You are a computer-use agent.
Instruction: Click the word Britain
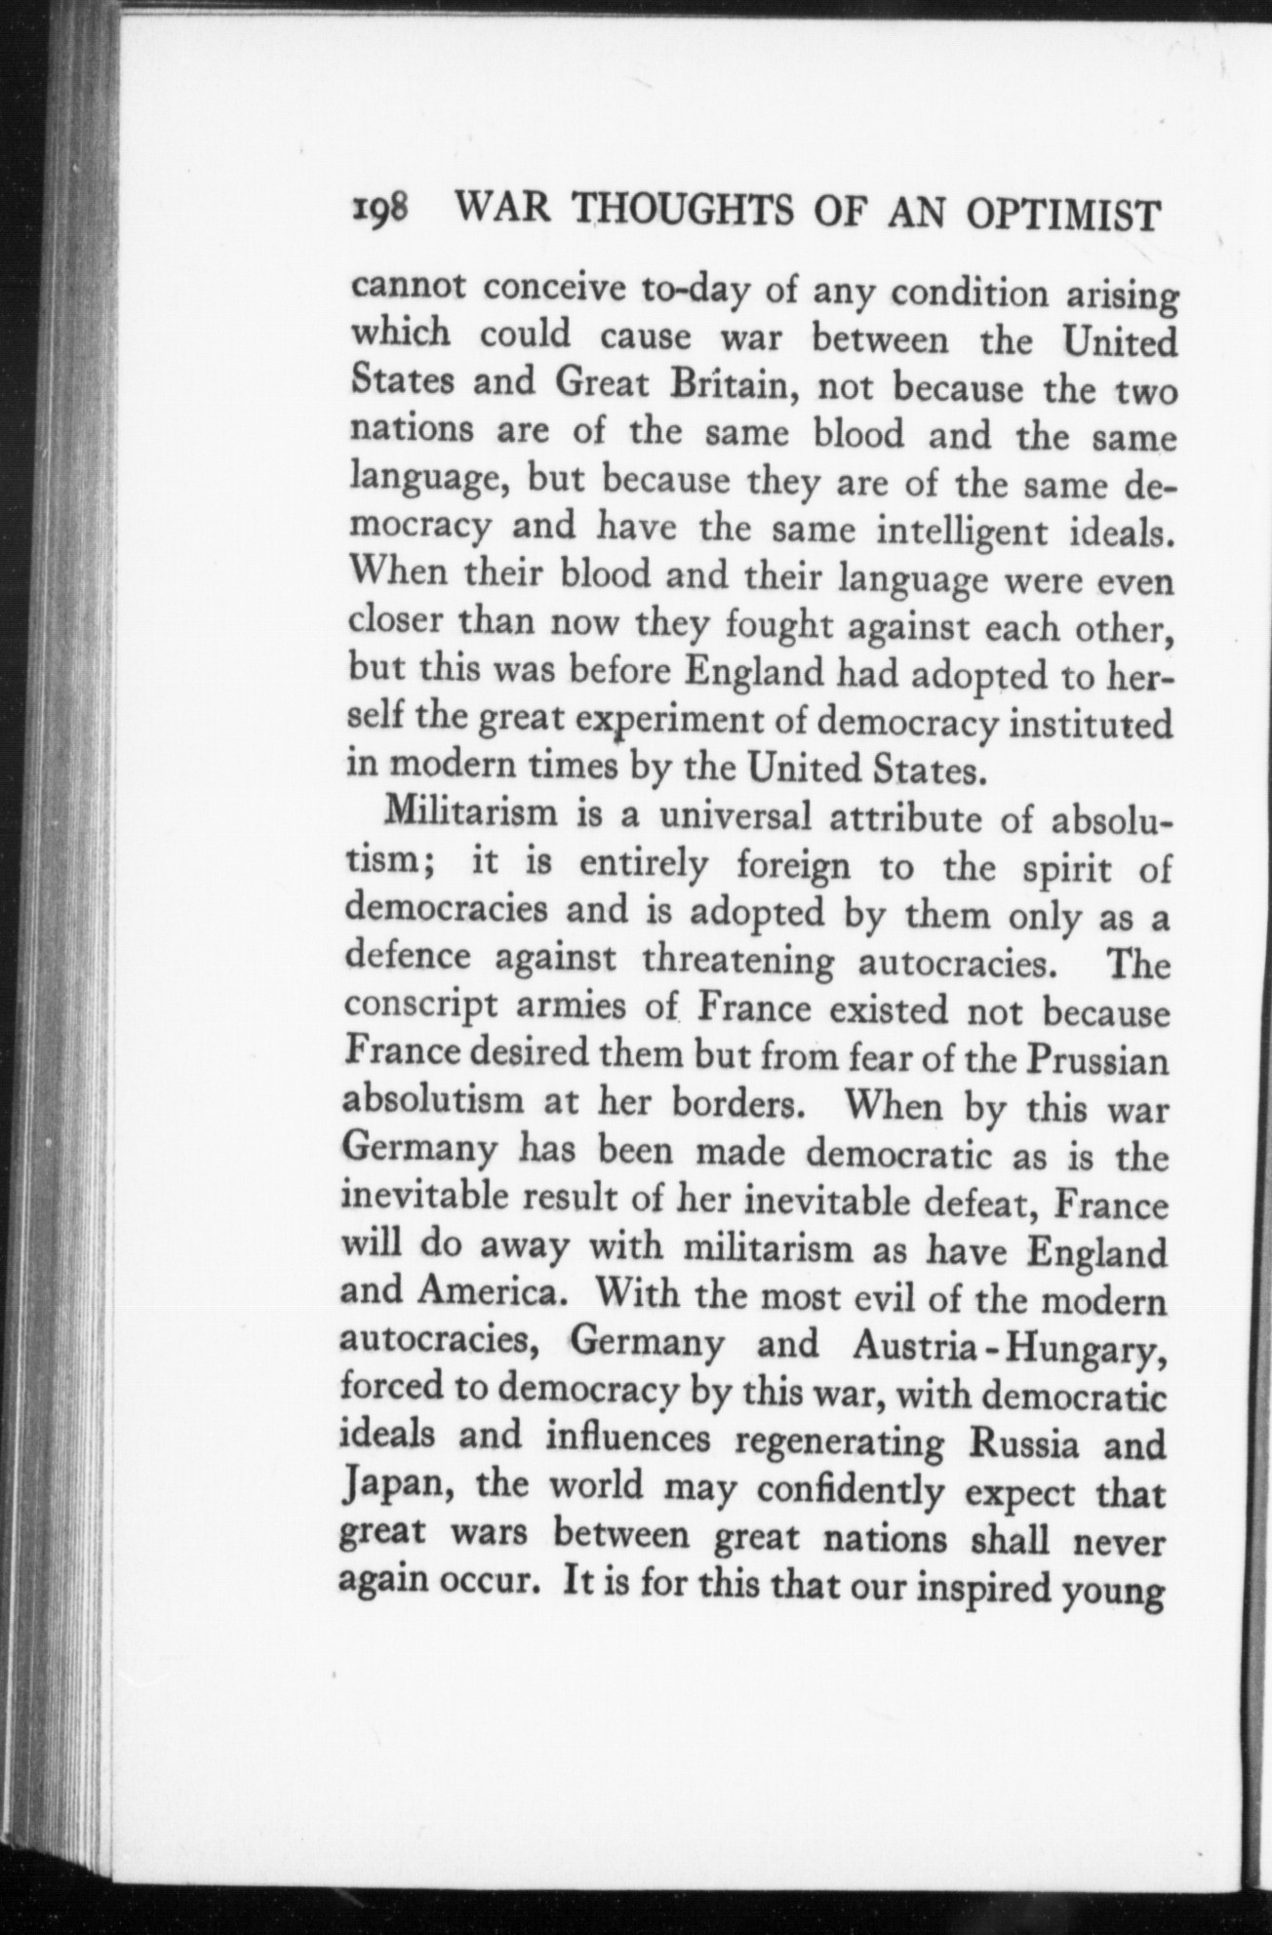pos(734,386)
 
